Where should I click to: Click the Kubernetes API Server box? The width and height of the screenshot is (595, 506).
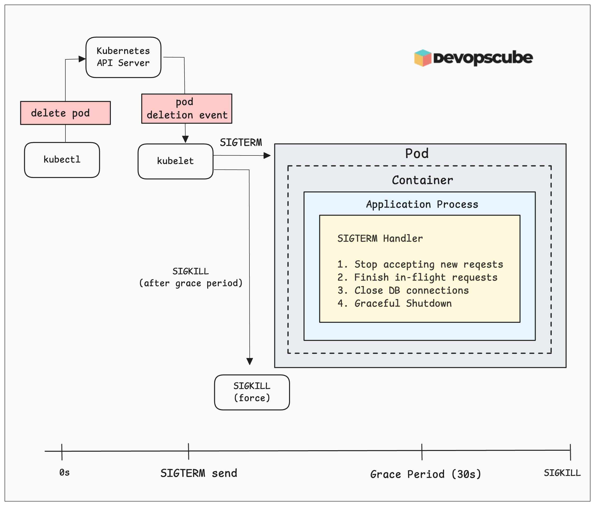pos(123,57)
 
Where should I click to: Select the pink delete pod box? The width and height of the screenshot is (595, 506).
pos(65,113)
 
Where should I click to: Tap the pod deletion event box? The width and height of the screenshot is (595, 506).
pos(187,109)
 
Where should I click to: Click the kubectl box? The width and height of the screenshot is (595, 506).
pos(62,160)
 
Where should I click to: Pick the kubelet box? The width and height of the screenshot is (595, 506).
pos(175,161)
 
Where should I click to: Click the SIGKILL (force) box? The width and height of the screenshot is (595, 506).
pos(252,392)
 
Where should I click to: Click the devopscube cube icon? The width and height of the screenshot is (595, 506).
pos(423,58)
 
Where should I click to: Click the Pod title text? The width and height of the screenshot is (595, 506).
pos(417,154)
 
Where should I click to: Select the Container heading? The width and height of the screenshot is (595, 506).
pos(422,180)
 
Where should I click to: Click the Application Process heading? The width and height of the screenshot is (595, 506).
pos(422,204)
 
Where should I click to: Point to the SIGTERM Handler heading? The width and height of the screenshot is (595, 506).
pos(380,238)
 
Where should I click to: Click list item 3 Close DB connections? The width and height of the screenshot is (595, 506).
pos(403,290)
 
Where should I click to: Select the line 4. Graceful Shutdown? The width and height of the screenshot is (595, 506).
pos(395,303)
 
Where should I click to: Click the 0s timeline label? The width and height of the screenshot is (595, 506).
pos(64,472)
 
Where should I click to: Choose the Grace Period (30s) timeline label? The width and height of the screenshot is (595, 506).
pos(425,474)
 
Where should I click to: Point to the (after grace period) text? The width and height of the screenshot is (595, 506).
pos(191,283)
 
